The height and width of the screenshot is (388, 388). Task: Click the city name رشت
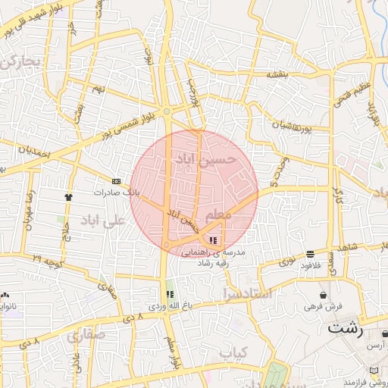click(x=346, y=329)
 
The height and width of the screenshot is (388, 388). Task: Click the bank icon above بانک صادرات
click(x=116, y=182)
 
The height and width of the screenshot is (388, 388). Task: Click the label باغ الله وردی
click(x=166, y=305)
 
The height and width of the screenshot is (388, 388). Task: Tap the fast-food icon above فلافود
click(x=311, y=254)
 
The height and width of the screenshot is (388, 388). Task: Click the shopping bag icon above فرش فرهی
click(x=324, y=295)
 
